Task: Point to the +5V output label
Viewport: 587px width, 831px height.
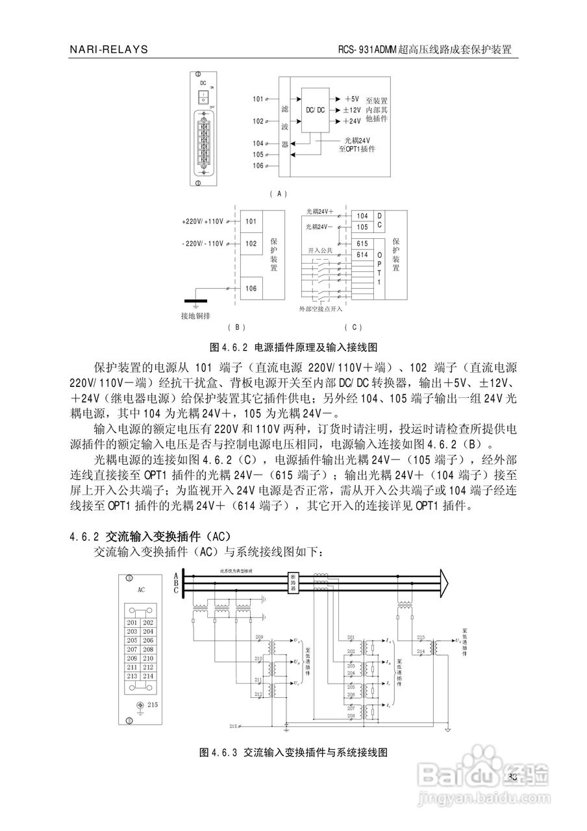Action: tap(351, 99)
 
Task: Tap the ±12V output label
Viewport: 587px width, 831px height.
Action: tap(351, 110)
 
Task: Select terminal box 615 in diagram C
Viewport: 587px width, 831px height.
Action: tap(362, 243)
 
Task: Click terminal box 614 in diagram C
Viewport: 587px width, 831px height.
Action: tap(362, 255)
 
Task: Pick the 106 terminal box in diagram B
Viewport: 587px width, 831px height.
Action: tap(251, 288)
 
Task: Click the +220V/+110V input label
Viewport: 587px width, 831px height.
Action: tap(203, 221)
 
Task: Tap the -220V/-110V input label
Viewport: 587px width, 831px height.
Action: tap(203, 243)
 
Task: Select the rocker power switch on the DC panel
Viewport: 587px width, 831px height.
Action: tap(203, 97)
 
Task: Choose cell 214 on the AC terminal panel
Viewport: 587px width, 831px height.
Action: tap(148, 676)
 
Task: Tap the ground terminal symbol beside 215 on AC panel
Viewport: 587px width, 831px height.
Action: tap(138, 705)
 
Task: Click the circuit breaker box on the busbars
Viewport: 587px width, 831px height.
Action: tap(293, 581)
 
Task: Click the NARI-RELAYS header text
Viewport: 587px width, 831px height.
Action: tap(108, 49)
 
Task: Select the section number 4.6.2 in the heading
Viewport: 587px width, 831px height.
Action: tap(84, 536)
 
